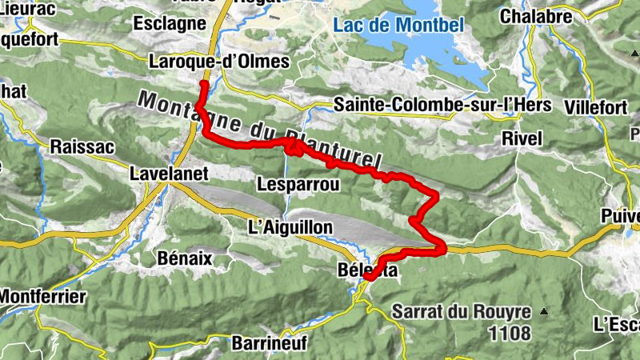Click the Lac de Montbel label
click(x=398, y=25)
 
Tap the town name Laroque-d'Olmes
click(x=219, y=62)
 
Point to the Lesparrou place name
click(x=298, y=185)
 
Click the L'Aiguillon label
click(x=290, y=228)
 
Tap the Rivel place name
click(x=522, y=138)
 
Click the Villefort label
click(x=595, y=106)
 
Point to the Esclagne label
click(x=170, y=23)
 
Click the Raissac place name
click(x=83, y=146)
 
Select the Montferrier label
click(x=42, y=296)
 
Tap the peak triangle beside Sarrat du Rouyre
click(x=544, y=311)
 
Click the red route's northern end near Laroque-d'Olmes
click(x=204, y=84)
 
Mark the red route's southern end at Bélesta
click(x=370, y=278)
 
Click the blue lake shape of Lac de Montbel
click(x=448, y=56)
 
